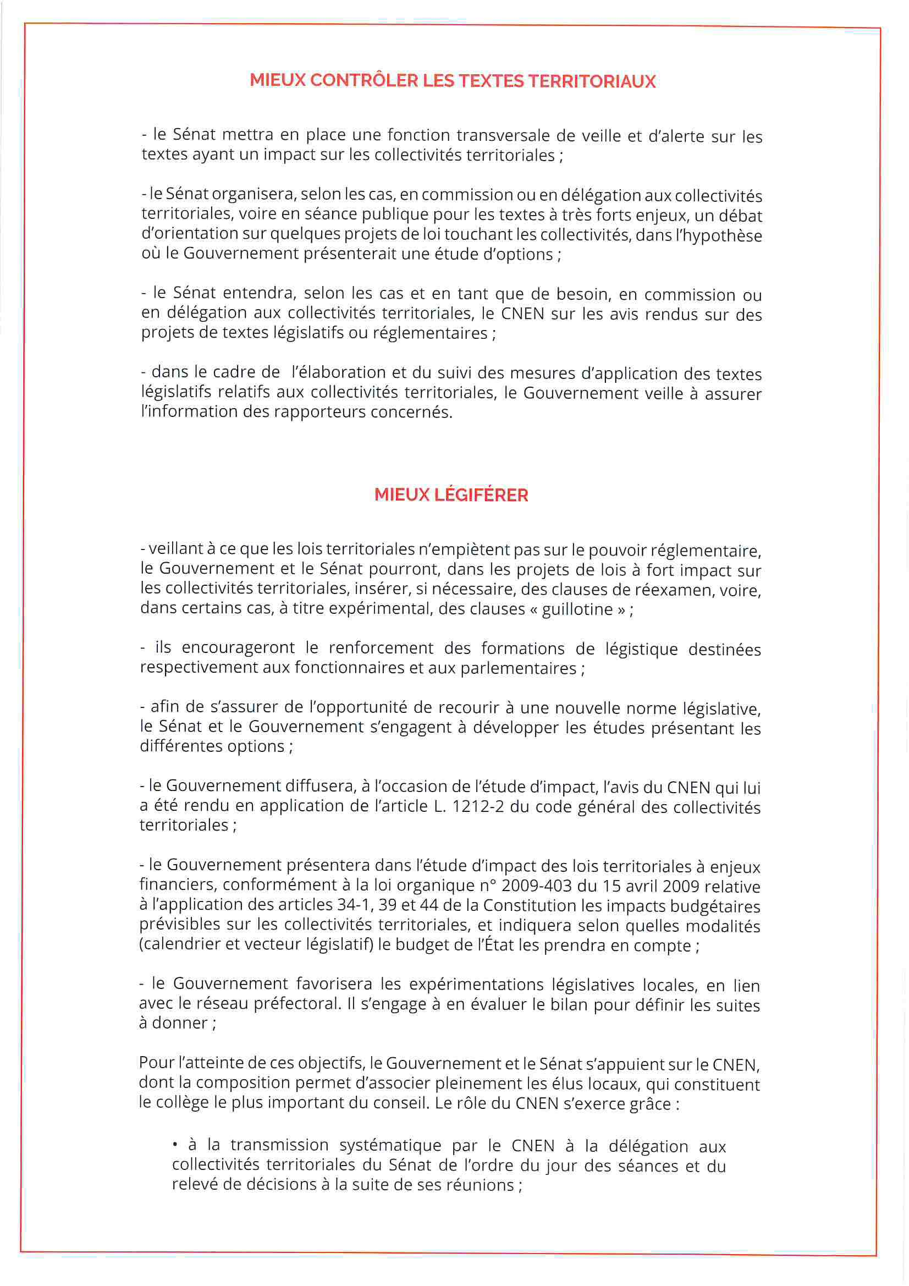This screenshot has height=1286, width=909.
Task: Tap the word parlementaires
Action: [x=518, y=668]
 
